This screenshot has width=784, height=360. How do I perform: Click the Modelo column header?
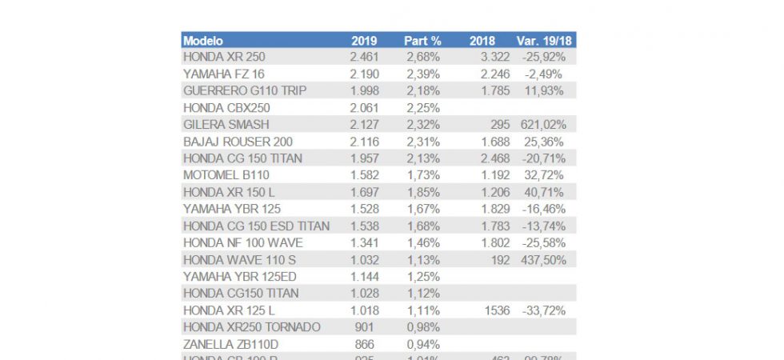pyautogui.click(x=203, y=41)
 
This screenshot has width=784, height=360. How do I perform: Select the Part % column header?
pyautogui.click(x=423, y=41)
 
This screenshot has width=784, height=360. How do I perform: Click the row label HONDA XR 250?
pyautogui.click(x=224, y=58)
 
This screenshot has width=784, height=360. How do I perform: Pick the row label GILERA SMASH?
pyautogui.click(x=226, y=125)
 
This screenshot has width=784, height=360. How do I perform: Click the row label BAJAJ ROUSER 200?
pyautogui.click(x=238, y=142)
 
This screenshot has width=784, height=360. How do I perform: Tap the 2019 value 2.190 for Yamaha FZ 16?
pyautogui.click(x=364, y=74)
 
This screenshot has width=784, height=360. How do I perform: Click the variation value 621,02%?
pyautogui.click(x=543, y=125)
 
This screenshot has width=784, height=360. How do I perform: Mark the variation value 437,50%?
pyautogui.click(x=543, y=260)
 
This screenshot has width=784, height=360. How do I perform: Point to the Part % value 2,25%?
pyautogui.click(x=422, y=108)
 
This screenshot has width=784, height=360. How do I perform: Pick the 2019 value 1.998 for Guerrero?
pyautogui.click(x=364, y=91)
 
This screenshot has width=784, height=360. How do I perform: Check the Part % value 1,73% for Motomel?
pyautogui.click(x=422, y=175)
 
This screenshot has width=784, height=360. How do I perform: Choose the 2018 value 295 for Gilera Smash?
pyautogui.click(x=486, y=125)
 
